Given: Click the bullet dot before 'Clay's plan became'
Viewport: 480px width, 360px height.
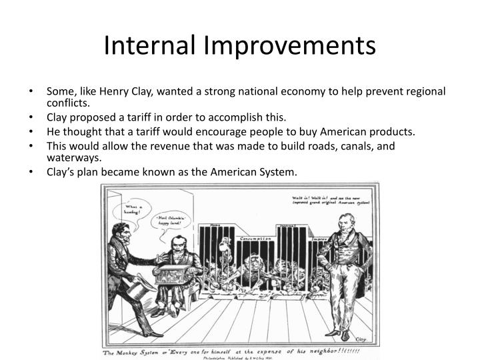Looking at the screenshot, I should coord(33,172).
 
